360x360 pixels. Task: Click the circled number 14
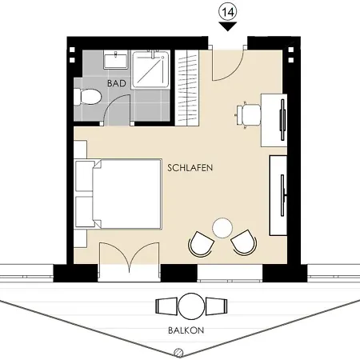click(228, 12)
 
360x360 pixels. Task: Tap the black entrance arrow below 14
click(228, 26)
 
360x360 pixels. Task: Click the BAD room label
click(117, 83)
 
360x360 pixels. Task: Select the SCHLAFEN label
click(190, 168)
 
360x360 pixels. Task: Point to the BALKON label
click(186, 330)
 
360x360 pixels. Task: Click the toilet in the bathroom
click(87, 96)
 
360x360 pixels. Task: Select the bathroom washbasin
click(116, 60)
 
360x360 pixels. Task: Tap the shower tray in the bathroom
click(150, 70)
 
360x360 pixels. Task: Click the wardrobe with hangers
click(187, 88)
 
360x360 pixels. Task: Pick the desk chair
click(248, 114)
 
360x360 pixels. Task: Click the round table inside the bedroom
click(222, 228)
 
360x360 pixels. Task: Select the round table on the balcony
click(191, 306)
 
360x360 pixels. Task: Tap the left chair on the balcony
click(166, 306)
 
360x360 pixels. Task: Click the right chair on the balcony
click(216, 306)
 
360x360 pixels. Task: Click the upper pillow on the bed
click(85, 176)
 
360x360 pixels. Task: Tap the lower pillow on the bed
click(85, 212)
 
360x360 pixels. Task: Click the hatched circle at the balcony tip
click(178, 353)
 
